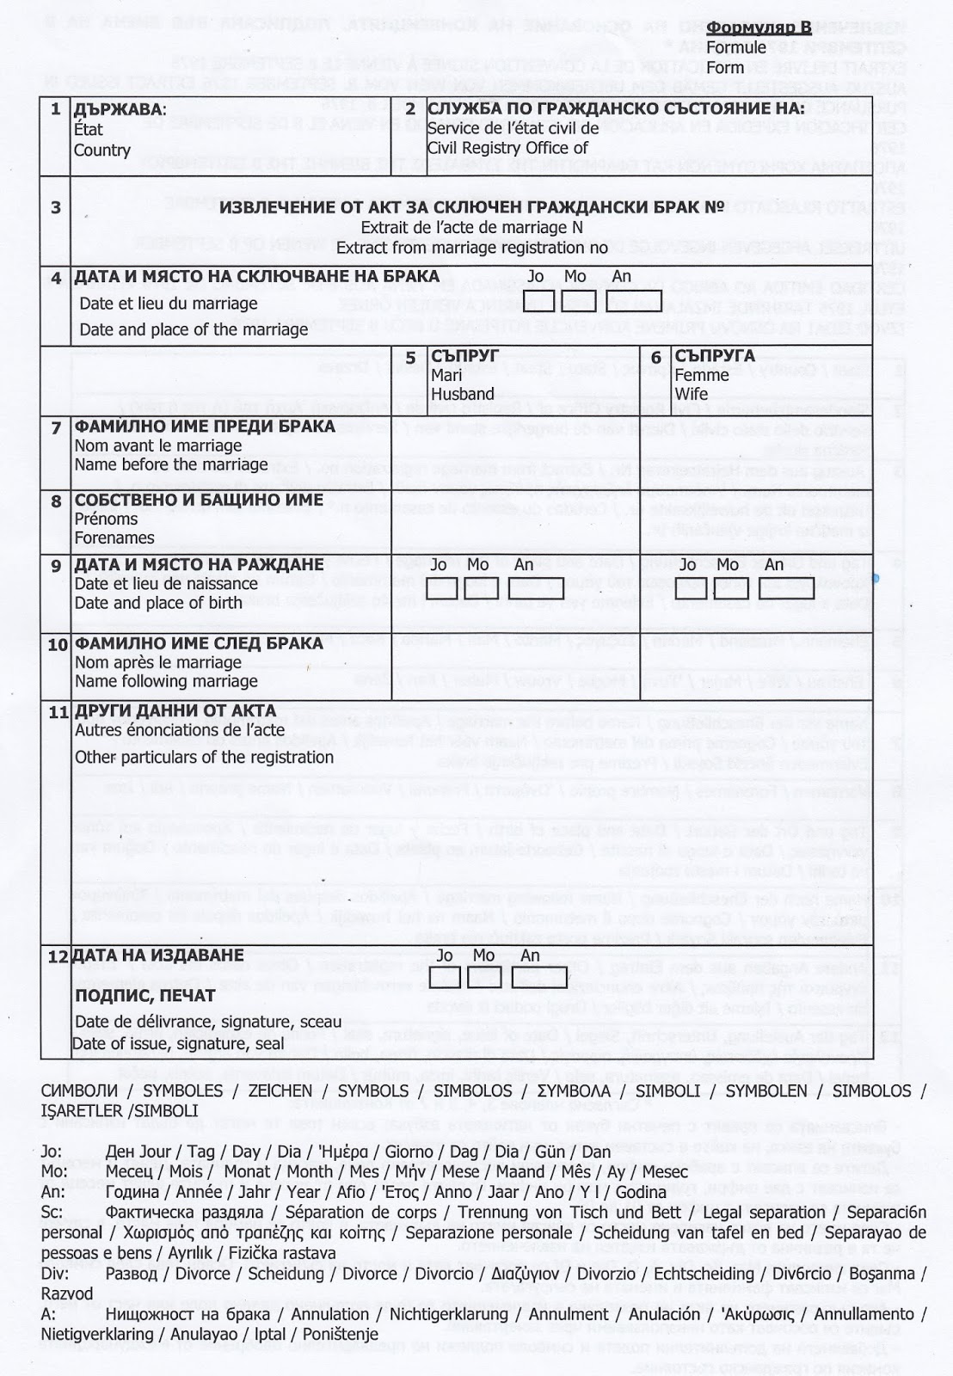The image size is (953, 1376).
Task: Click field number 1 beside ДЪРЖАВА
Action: (55, 109)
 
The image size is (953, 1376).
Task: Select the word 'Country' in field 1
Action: (101, 150)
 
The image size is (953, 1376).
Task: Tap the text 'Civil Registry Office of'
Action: (507, 148)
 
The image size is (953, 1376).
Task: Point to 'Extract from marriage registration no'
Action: (472, 248)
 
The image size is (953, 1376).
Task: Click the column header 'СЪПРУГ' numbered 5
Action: (465, 355)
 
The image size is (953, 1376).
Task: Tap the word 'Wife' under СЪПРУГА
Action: (691, 394)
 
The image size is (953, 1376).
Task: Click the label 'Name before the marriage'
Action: (171, 464)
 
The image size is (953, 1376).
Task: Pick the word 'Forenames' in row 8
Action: (114, 537)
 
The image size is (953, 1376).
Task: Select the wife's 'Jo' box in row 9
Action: (686, 587)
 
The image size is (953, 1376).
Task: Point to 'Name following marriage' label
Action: (166, 681)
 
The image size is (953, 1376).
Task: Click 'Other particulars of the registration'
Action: (204, 757)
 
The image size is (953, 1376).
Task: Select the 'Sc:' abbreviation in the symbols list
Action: (52, 1213)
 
